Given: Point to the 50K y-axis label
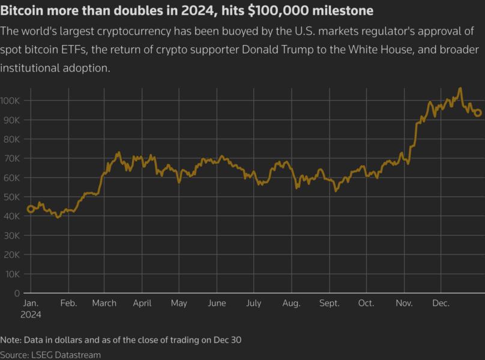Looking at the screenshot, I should coord(13,197).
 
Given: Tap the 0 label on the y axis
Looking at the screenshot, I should coord(17,293).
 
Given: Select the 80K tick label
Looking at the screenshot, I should coord(13,139).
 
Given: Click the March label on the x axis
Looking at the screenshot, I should coord(104,304).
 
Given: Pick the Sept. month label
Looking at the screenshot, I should coord(330,304).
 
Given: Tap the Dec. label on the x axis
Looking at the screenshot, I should coord(441,304).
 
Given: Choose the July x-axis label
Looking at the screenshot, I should coord(253,304).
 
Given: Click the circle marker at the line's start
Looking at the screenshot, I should coord(31,209).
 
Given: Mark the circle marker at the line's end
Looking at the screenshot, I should coord(478,113).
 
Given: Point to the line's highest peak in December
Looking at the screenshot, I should coord(460,89).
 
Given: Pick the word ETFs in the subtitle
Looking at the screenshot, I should coord(82,50).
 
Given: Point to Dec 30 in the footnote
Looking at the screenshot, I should coord(228,340).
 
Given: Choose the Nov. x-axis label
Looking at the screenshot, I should coord(404,304).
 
